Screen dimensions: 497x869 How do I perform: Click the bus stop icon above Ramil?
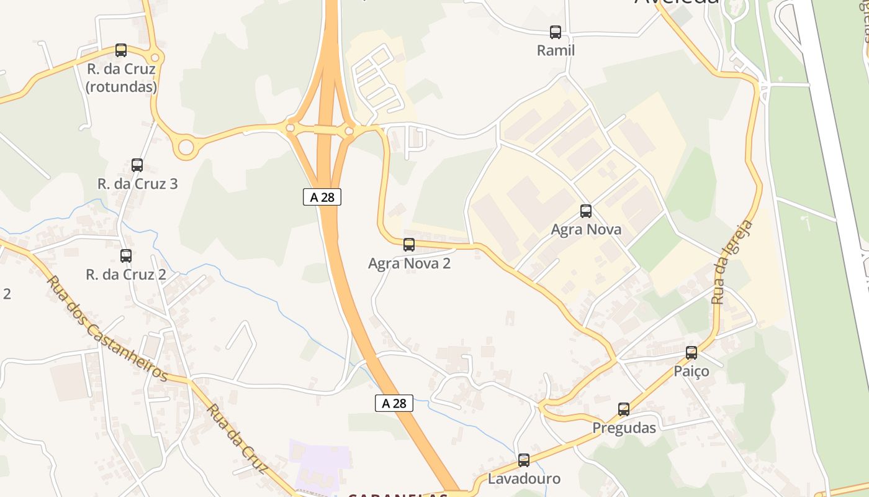tap(556, 32)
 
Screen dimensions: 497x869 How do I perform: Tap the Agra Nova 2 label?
tap(409, 263)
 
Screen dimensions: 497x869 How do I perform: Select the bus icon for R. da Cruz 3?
tap(137, 165)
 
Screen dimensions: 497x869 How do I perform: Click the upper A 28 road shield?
tap(322, 197)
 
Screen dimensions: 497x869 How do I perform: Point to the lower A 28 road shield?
tap(394, 403)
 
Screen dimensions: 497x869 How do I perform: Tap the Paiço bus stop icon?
tap(691, 353)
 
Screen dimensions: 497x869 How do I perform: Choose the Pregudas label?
tap(624, 428)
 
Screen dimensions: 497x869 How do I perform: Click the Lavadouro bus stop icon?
tap(524, 460)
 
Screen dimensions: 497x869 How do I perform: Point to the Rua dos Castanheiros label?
tap(107, 329)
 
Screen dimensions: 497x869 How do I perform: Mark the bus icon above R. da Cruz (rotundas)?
tap(121, 50)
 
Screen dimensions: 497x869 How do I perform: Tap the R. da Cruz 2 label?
tap(126, 275)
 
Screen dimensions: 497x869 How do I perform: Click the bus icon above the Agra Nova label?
tap(586, 211)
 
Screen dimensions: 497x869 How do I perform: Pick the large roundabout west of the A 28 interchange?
tap(186, 147)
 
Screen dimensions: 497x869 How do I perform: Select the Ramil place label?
tap(556, 50)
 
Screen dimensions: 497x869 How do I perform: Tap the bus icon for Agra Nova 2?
tap(409, 245)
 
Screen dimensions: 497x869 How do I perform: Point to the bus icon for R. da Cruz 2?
tap(126, 255)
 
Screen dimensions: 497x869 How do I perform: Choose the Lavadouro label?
tap(524, 479)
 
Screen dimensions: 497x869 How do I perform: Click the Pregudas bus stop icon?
tap(624, 409)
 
